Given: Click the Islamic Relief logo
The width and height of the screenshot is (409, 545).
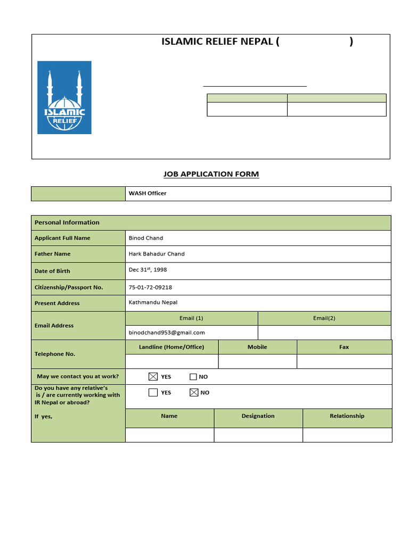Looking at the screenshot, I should pyautogui.click(x=64, y=97).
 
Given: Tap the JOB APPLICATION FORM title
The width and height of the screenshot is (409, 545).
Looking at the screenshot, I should pyautogui.click(x=211, y=174).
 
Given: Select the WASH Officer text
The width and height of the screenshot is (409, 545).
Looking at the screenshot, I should pyautogui.click(x=148, y=193).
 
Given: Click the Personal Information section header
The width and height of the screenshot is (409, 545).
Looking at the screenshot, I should pyautogui.click(x=67, y=222).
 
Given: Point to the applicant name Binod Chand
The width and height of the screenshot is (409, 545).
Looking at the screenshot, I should pyautogui.click(x=146, y=238).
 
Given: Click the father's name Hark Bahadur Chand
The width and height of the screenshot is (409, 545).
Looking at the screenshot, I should pyautogui.click(x=157, y=254).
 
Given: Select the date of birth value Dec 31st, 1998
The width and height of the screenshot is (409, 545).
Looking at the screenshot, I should pyautogui.click(x=148, y=270).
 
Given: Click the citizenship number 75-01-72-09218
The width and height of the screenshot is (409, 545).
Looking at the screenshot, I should pyautogui.click(x=150, y=287).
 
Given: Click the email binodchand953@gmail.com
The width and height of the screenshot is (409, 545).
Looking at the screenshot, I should pyautogui.click(x=167, y=333).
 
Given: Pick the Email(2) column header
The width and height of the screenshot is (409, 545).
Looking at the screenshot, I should pyautogui.click(x=324, y=318).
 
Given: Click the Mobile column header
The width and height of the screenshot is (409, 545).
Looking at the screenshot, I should pyautogui.click(x=257, y=347).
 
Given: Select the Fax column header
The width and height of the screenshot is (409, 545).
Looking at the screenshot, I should pyautogui.click(x=344, y=347).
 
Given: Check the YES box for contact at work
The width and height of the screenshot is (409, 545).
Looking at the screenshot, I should pyautogui.click(x=153, y=377).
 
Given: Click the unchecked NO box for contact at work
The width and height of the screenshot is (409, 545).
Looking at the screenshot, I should pyautogui.click(x=193, y=377).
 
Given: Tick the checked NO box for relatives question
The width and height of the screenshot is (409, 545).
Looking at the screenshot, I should pyautogui.click(x=194, y=393).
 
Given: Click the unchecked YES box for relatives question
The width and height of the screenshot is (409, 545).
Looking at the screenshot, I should pyautogui.click(x=153, y=393).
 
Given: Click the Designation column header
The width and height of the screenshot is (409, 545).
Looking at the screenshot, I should pyautogui.click(x=258, y=416).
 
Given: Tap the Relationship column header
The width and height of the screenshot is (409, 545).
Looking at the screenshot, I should pyautogui.click(x=347, y=416).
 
